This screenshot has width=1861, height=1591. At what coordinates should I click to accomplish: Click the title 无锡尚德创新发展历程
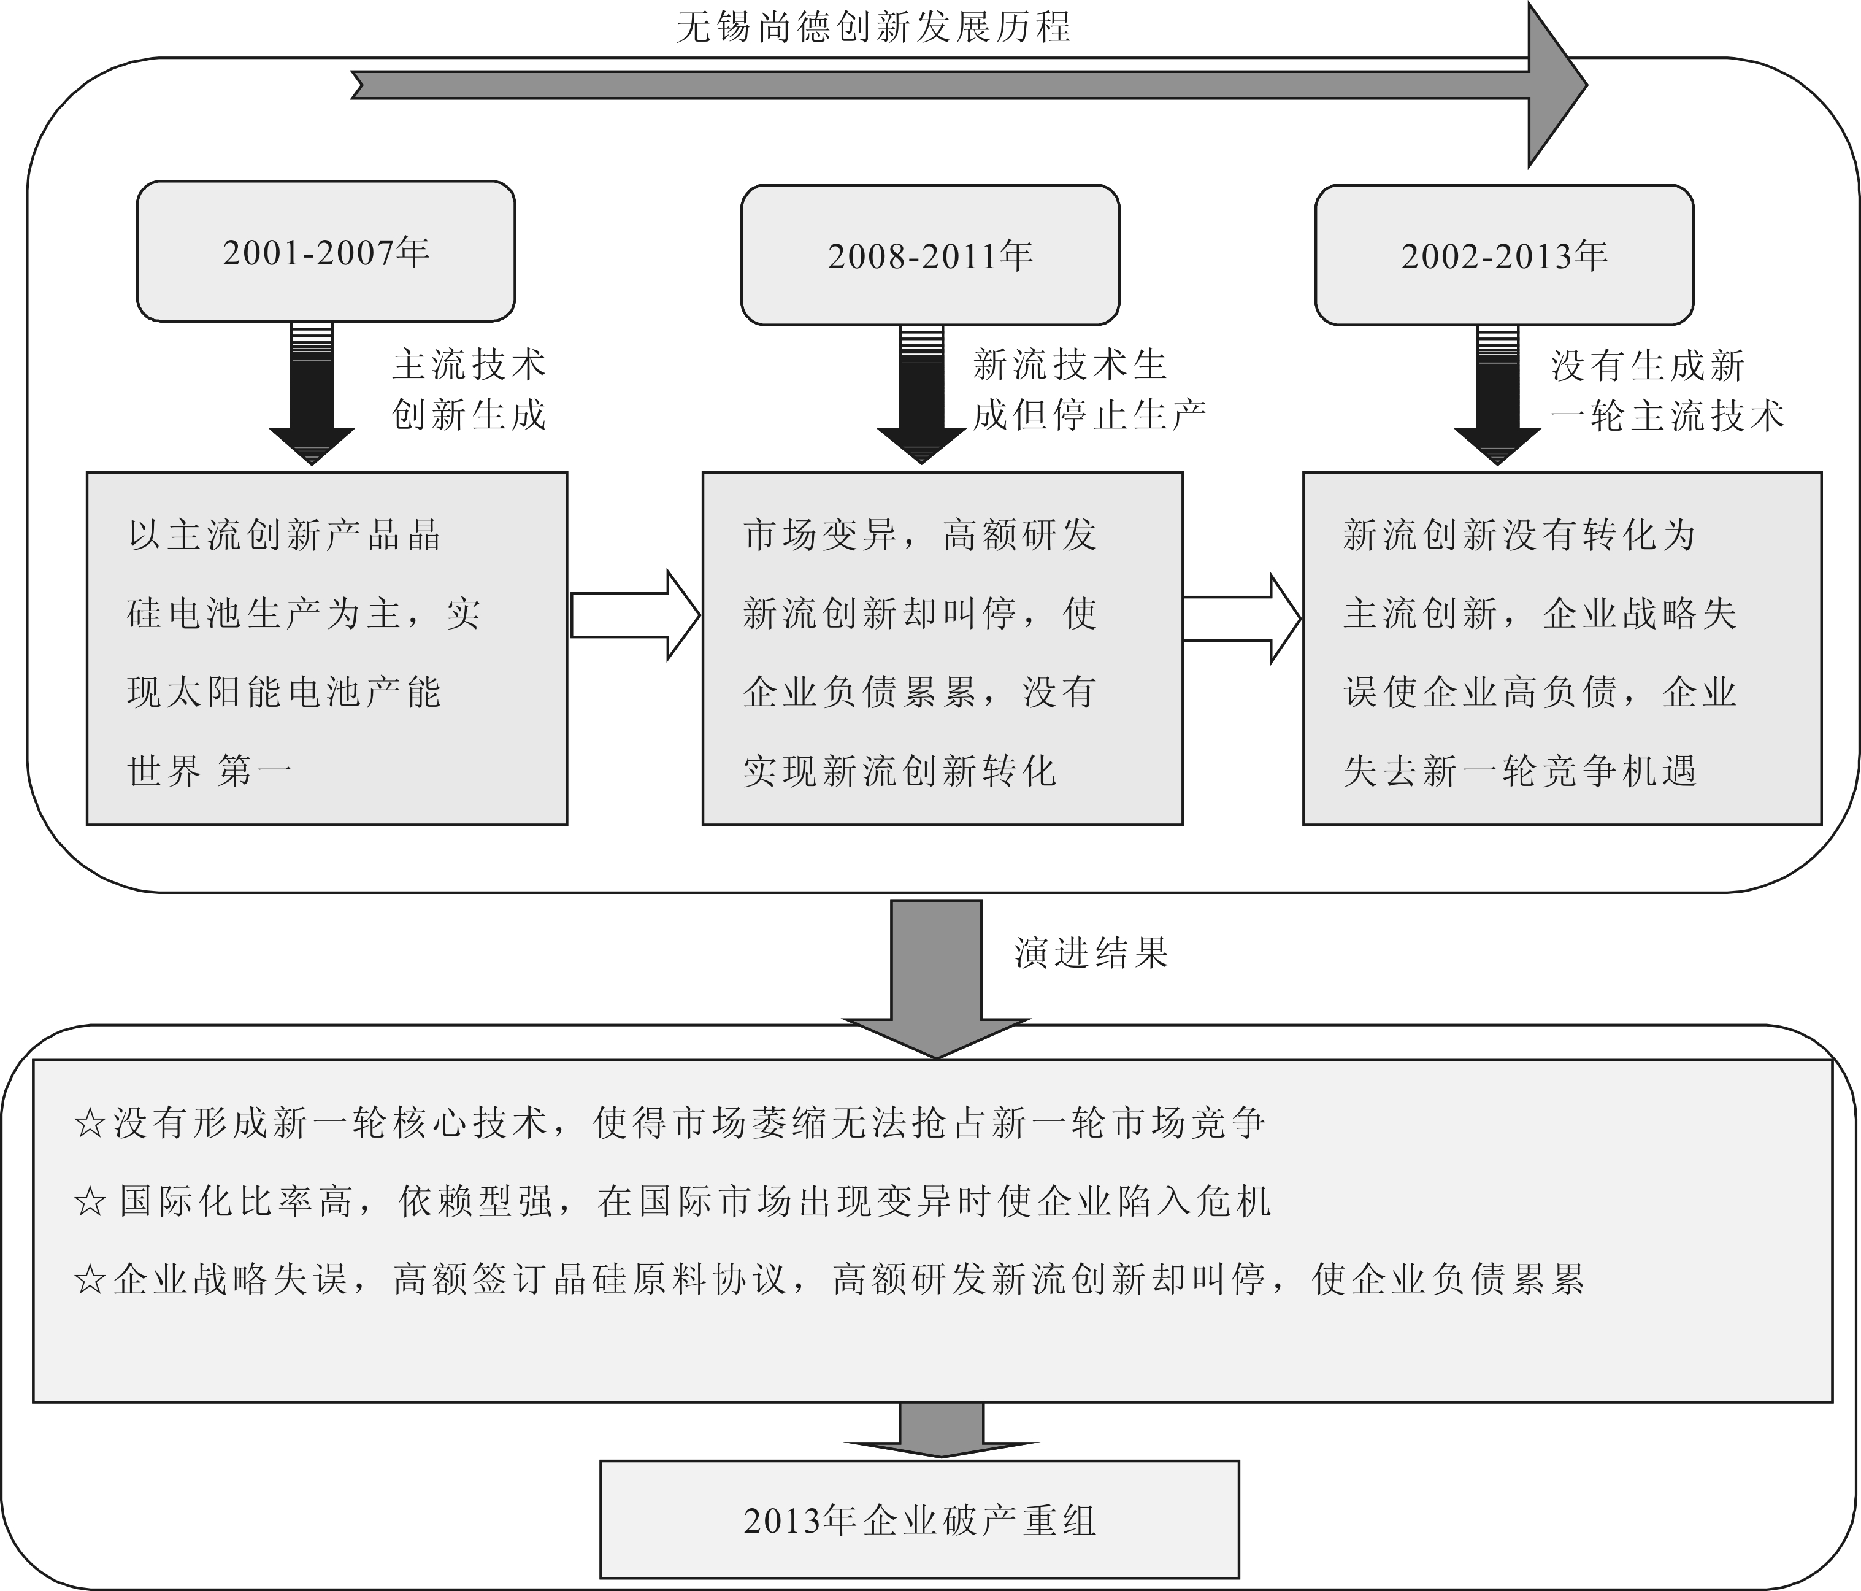click(873, 27)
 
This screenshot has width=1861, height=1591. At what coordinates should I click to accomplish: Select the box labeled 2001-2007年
click(326, 252)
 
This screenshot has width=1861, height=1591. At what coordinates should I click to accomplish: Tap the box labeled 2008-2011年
click(930, 256)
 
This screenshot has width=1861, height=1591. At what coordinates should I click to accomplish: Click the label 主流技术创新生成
click(469, 390)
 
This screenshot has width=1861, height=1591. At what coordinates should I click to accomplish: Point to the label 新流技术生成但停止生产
click(1089, 390)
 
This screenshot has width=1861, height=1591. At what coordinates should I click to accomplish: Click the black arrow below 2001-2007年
click(312, 395)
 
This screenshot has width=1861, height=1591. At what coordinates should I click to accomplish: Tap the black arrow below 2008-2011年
click(921, 395)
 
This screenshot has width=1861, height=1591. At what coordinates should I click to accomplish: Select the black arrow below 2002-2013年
click(1497, 395)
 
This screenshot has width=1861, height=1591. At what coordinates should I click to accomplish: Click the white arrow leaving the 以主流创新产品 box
click(635, 616)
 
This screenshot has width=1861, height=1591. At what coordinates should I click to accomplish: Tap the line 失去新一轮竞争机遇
click(1520, 771)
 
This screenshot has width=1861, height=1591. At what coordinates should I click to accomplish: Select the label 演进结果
click(1091, 953)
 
